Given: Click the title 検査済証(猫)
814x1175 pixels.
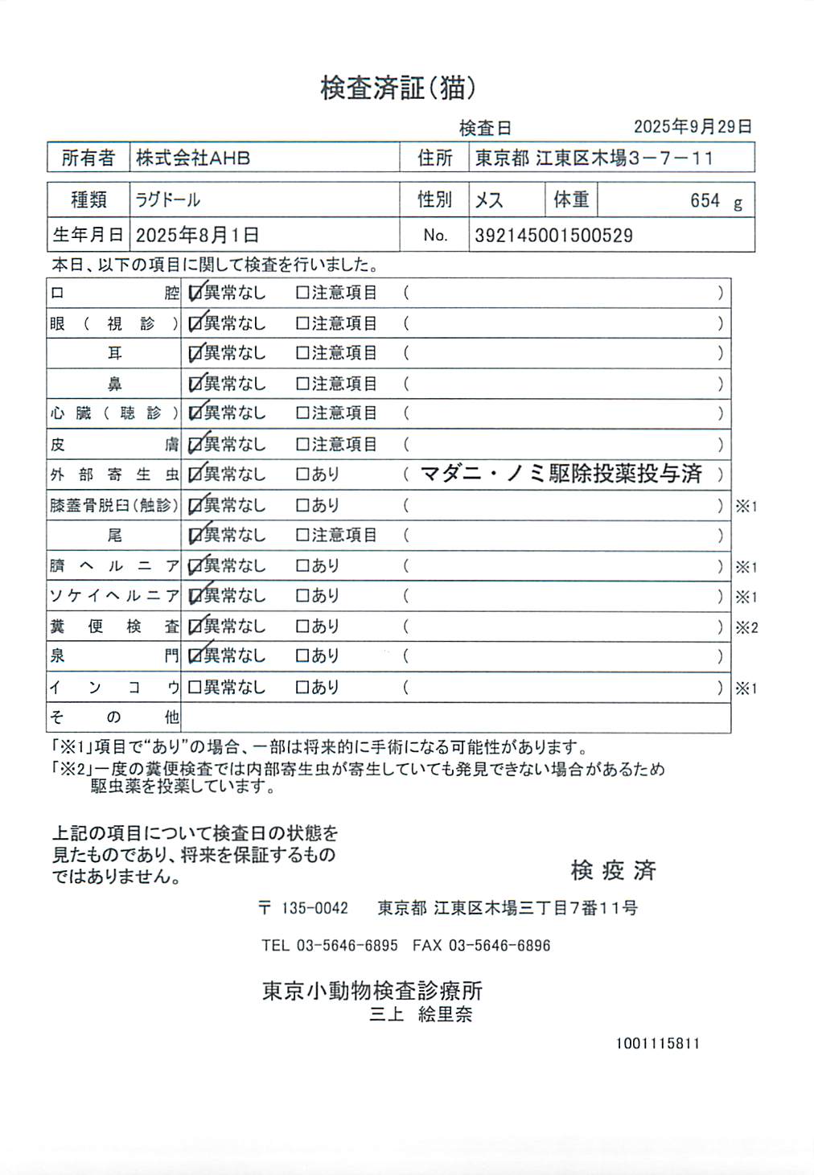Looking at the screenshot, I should coord(397,88).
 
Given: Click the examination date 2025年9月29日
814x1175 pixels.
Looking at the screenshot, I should coord(693,126).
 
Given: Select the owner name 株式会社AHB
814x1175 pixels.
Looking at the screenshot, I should coord(193,158).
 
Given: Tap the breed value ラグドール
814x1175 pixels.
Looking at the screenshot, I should coord(167,199).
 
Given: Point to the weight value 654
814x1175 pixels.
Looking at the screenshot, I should coord(705,200).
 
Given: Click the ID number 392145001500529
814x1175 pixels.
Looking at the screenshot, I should coord(553,236).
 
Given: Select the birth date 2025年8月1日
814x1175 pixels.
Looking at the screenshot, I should coord(197,235).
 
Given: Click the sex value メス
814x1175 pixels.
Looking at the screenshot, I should coord(489,200).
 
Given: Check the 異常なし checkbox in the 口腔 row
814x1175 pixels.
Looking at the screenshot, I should coord(195,293).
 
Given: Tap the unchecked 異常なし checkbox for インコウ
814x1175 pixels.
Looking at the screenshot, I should coord(194,688).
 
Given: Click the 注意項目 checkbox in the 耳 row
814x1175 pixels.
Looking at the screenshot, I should coord(302,353).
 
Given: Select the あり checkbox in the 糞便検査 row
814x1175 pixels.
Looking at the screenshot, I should coord(302,627).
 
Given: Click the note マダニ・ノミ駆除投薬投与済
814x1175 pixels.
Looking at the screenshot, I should coord(561,474).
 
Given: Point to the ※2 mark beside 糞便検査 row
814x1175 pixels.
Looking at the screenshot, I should coord(746,627).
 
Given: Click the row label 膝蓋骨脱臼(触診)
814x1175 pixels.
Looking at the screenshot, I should coord(113,505).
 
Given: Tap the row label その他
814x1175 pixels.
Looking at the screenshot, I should coord(113,717).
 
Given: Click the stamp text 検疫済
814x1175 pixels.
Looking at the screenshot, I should coord(613,870).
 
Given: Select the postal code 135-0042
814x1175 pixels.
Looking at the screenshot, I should coord(314,908).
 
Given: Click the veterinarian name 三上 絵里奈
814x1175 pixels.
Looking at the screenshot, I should coord(421,1014).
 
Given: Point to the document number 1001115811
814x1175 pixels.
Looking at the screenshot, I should coord(658,1043).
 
